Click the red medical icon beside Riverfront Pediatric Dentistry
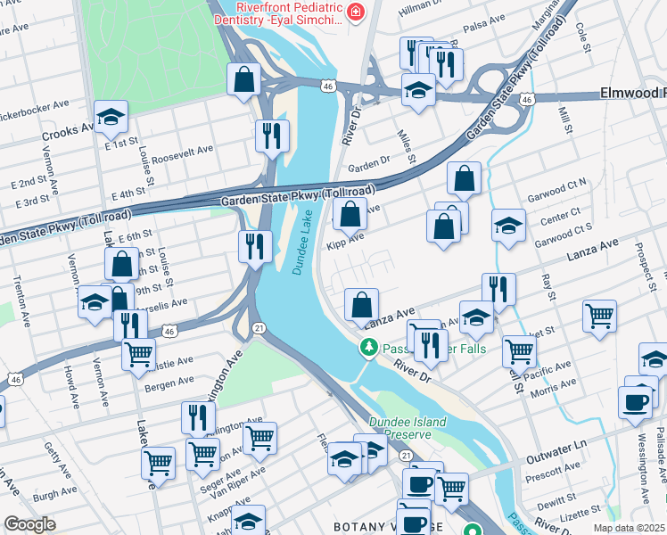pyautogui.click(x=356, y=12)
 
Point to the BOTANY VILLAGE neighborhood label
pyautogui.click(x=375, y=527)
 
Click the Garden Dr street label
pyautogui.click(x=369, y=165)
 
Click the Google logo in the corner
pyautogui.click(x=30, y=524)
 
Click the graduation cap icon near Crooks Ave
pyautogui.click(x=111, y=117)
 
